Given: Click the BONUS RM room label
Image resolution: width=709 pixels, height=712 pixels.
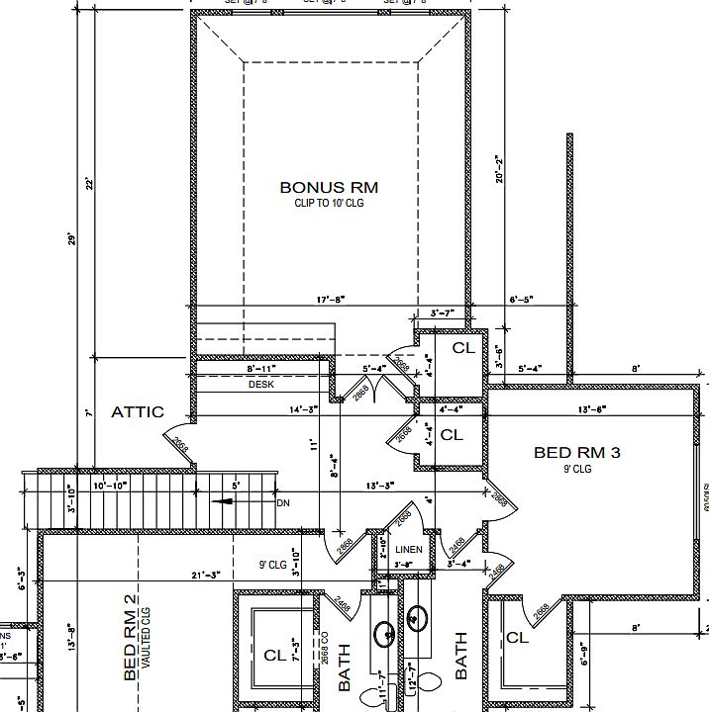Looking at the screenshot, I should coord(328,186).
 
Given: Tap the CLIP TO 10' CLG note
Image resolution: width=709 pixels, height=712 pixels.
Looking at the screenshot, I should coord(328,202).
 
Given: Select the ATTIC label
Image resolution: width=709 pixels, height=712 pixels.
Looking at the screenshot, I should coord(137,411).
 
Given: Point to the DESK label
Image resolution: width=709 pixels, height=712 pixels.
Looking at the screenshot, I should coord(260,385).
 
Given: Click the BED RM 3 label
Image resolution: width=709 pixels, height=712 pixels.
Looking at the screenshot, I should coord(576,453).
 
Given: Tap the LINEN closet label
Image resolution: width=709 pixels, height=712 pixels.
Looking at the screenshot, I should coord(408,549).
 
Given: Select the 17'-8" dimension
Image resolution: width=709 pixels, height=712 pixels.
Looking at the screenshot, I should coord(331,299).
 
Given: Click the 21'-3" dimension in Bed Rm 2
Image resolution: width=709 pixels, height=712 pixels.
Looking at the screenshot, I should coord(206,576).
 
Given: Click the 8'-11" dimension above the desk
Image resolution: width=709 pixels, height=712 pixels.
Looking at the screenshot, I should coord(260,368).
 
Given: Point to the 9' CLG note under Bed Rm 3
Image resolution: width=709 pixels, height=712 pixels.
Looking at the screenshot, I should coord(576,470).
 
